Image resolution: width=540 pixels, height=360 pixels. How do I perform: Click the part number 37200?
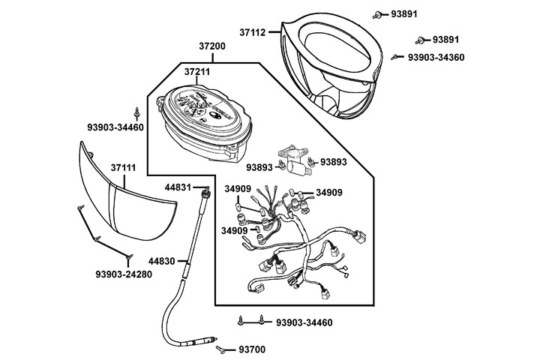pyautogui.click(x=211, y=46)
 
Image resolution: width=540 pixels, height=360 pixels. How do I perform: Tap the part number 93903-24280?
pyautogui.click(x=124, y=274)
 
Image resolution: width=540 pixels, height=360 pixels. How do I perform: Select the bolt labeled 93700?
pyautogui.click(x=221, y=349)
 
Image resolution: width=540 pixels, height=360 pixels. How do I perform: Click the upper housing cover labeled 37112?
pyautogui.click(x=330, y=67)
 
